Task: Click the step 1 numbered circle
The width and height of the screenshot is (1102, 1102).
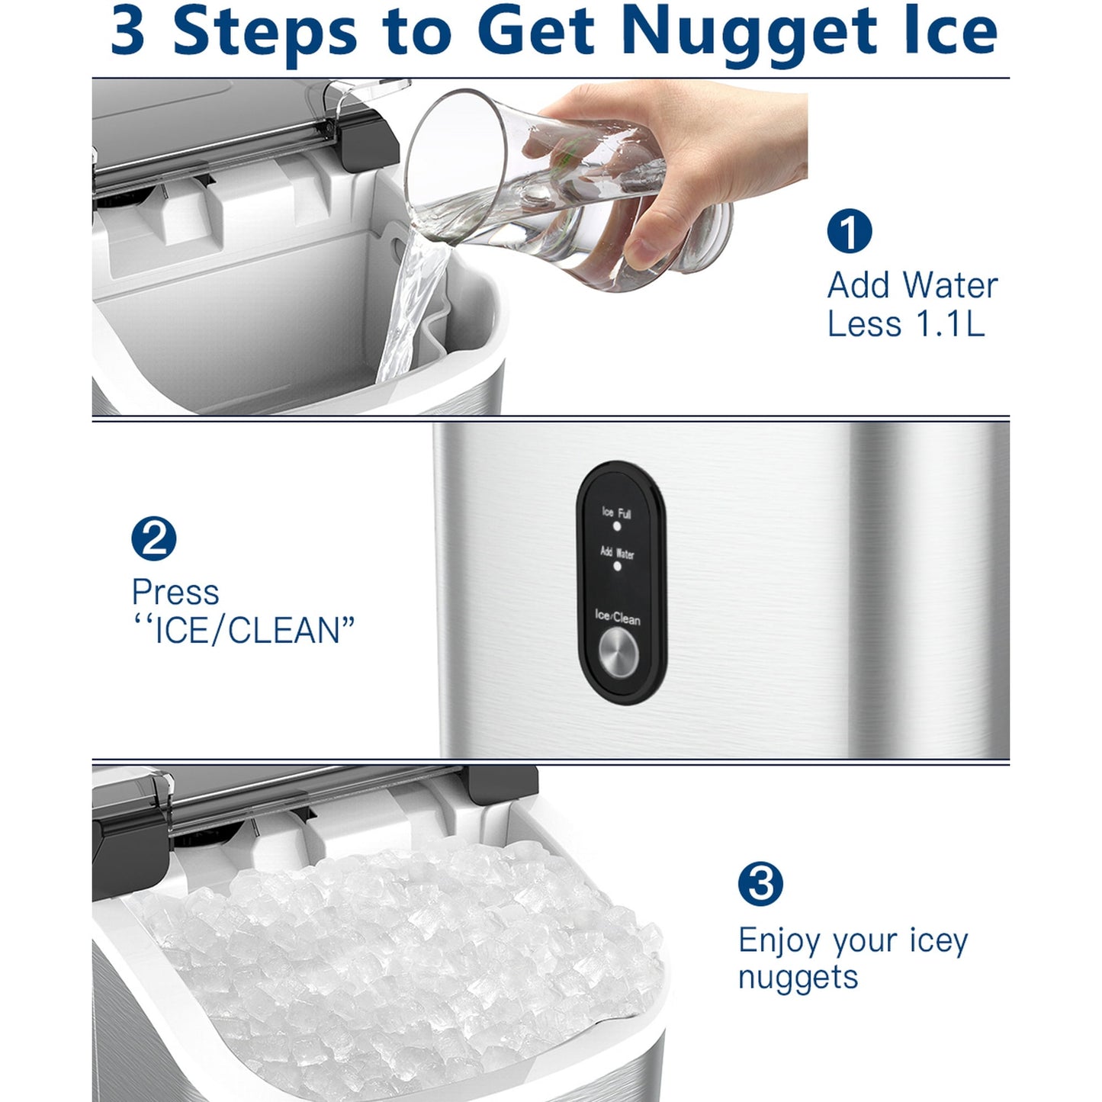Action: [850, 230]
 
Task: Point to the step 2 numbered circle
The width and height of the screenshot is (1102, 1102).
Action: [154, 538]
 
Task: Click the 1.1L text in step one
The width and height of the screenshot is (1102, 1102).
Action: [949, 323]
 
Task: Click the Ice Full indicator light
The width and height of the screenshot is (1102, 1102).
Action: [616, 525]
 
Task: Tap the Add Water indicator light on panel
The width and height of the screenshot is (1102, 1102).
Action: [616, 566]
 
